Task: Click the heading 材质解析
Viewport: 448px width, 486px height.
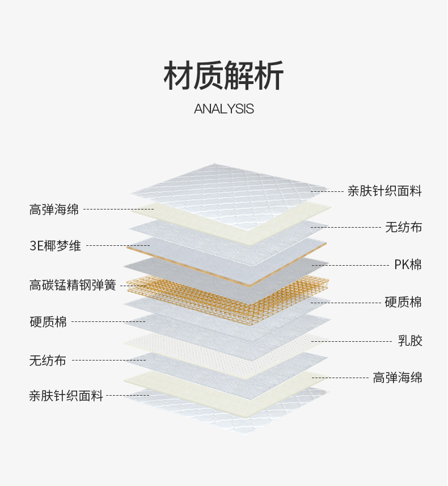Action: [224, 76]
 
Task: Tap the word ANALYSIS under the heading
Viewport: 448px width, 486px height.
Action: [224, 109]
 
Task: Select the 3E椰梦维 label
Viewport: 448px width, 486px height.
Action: [56, 246]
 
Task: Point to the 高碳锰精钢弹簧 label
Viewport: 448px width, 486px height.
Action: [73, 285]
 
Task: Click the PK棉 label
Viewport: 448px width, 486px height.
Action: [408, 265]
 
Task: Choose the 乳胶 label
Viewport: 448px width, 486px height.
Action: [410, 341]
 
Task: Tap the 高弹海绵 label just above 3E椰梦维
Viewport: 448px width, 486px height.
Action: [54, 210]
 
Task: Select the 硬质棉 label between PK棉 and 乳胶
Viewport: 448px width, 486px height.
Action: [403, 302]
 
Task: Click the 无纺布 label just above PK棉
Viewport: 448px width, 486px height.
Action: [403, 228]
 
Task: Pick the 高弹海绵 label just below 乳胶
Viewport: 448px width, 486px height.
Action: [398, 378]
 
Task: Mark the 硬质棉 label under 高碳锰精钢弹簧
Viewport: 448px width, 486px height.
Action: [48, 322]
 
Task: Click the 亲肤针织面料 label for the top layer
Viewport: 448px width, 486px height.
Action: [384, 191]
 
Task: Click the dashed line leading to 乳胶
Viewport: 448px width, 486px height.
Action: [352, 341]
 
